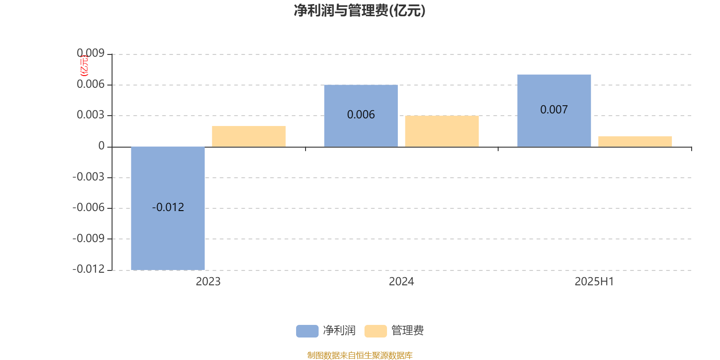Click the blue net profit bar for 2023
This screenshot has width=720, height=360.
[168, 208]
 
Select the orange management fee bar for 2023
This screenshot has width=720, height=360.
[249, 136]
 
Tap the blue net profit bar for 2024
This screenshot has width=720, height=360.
[361, 116]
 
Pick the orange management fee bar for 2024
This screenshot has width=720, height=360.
[442, 131]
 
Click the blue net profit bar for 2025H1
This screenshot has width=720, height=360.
[554, 111]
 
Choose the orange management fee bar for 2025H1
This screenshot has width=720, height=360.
[635, 141]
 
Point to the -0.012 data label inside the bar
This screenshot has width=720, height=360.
[168, 207]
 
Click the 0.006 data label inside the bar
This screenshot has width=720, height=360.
[361, 115]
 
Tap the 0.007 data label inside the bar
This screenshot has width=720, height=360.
[554, 110]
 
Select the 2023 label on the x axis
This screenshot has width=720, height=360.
[208, 282]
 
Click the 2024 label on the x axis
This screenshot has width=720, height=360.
[401, 282]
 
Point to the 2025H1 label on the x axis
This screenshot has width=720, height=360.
[594, 282]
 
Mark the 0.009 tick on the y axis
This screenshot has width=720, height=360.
[90, 53]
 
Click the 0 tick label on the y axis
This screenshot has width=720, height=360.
[102, 146]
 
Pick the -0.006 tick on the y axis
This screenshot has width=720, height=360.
[89, 207]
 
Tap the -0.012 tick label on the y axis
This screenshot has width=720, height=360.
[89, 269]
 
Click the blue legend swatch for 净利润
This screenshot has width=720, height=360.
[307, 331]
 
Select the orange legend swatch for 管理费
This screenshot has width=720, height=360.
[376, 331]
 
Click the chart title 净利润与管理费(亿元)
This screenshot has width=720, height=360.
[360, 11]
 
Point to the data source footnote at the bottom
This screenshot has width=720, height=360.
[360, 355]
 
